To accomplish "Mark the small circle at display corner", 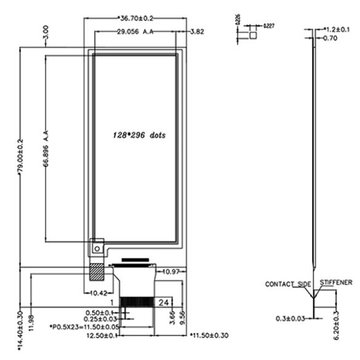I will tap(96, 248).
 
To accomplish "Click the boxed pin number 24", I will tap(165, 303).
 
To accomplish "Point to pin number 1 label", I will tap(111, 303).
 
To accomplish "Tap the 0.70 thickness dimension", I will tap(330, 38).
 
